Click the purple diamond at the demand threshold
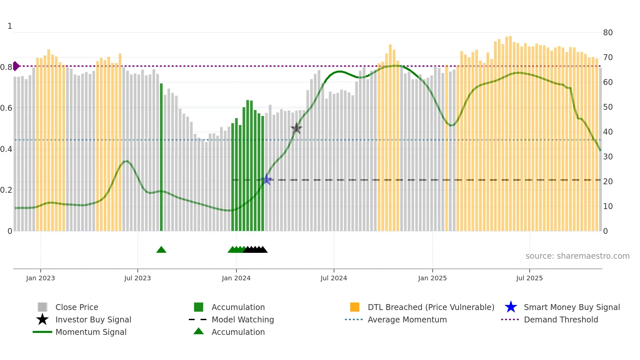click(x=16, y=66)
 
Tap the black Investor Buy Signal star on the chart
click(x=296, y=128)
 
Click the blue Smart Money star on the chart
click(x=267, y=180)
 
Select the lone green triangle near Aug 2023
click(x=161, y=250)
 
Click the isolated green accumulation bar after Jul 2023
click(x=161, y=157)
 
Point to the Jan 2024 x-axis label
click(x=236, y=278)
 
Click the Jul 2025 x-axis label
click(x=529, y=278)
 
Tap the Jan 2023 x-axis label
click(x=40, y=278)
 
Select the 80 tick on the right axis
click(x=608, y=33)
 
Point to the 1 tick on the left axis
click(x=10, y=26)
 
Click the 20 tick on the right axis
click(x=608, y=182)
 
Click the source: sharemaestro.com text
click(x=577, y=256)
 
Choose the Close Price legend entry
click(x=77, y=307)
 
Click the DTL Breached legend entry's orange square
click(x=355, y=307)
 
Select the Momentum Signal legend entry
click(x=91, y=332)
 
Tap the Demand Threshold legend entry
click(x=561, y=320)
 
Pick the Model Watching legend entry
click(x=243, y=320)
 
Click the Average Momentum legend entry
click(x=407, y=320)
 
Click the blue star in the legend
click(x=511, y=307)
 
